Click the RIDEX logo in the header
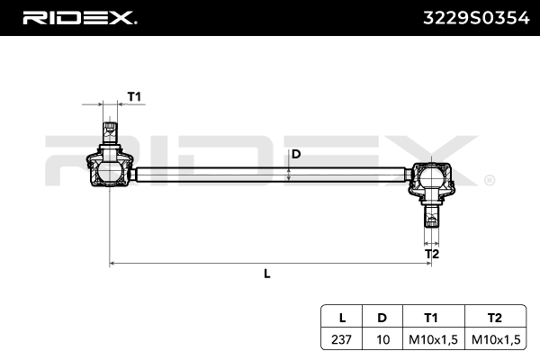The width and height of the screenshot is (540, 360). tap(79, 18)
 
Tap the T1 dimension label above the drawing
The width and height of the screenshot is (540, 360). tap(134, 96)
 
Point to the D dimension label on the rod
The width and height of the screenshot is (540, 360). tap(295, 153)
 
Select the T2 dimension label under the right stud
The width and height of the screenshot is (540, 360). tap(432, 255)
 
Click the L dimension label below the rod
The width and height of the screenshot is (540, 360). tap(267, 274)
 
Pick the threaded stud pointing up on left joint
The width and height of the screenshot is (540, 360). tap(109, 133)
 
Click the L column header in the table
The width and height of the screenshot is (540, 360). tap(342, 318)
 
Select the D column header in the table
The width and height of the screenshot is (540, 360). tap(382, 318)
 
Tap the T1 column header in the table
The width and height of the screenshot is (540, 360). tap(430, 318)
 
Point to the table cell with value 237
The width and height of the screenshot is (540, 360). tap(342, 339)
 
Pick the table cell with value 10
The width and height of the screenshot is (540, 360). tap(382, 339)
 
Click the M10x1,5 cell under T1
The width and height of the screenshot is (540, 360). tap(430, 339)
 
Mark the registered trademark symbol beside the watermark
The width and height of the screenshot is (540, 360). tap(489, 180)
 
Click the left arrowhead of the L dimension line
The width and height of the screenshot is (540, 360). tap(112, 264)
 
